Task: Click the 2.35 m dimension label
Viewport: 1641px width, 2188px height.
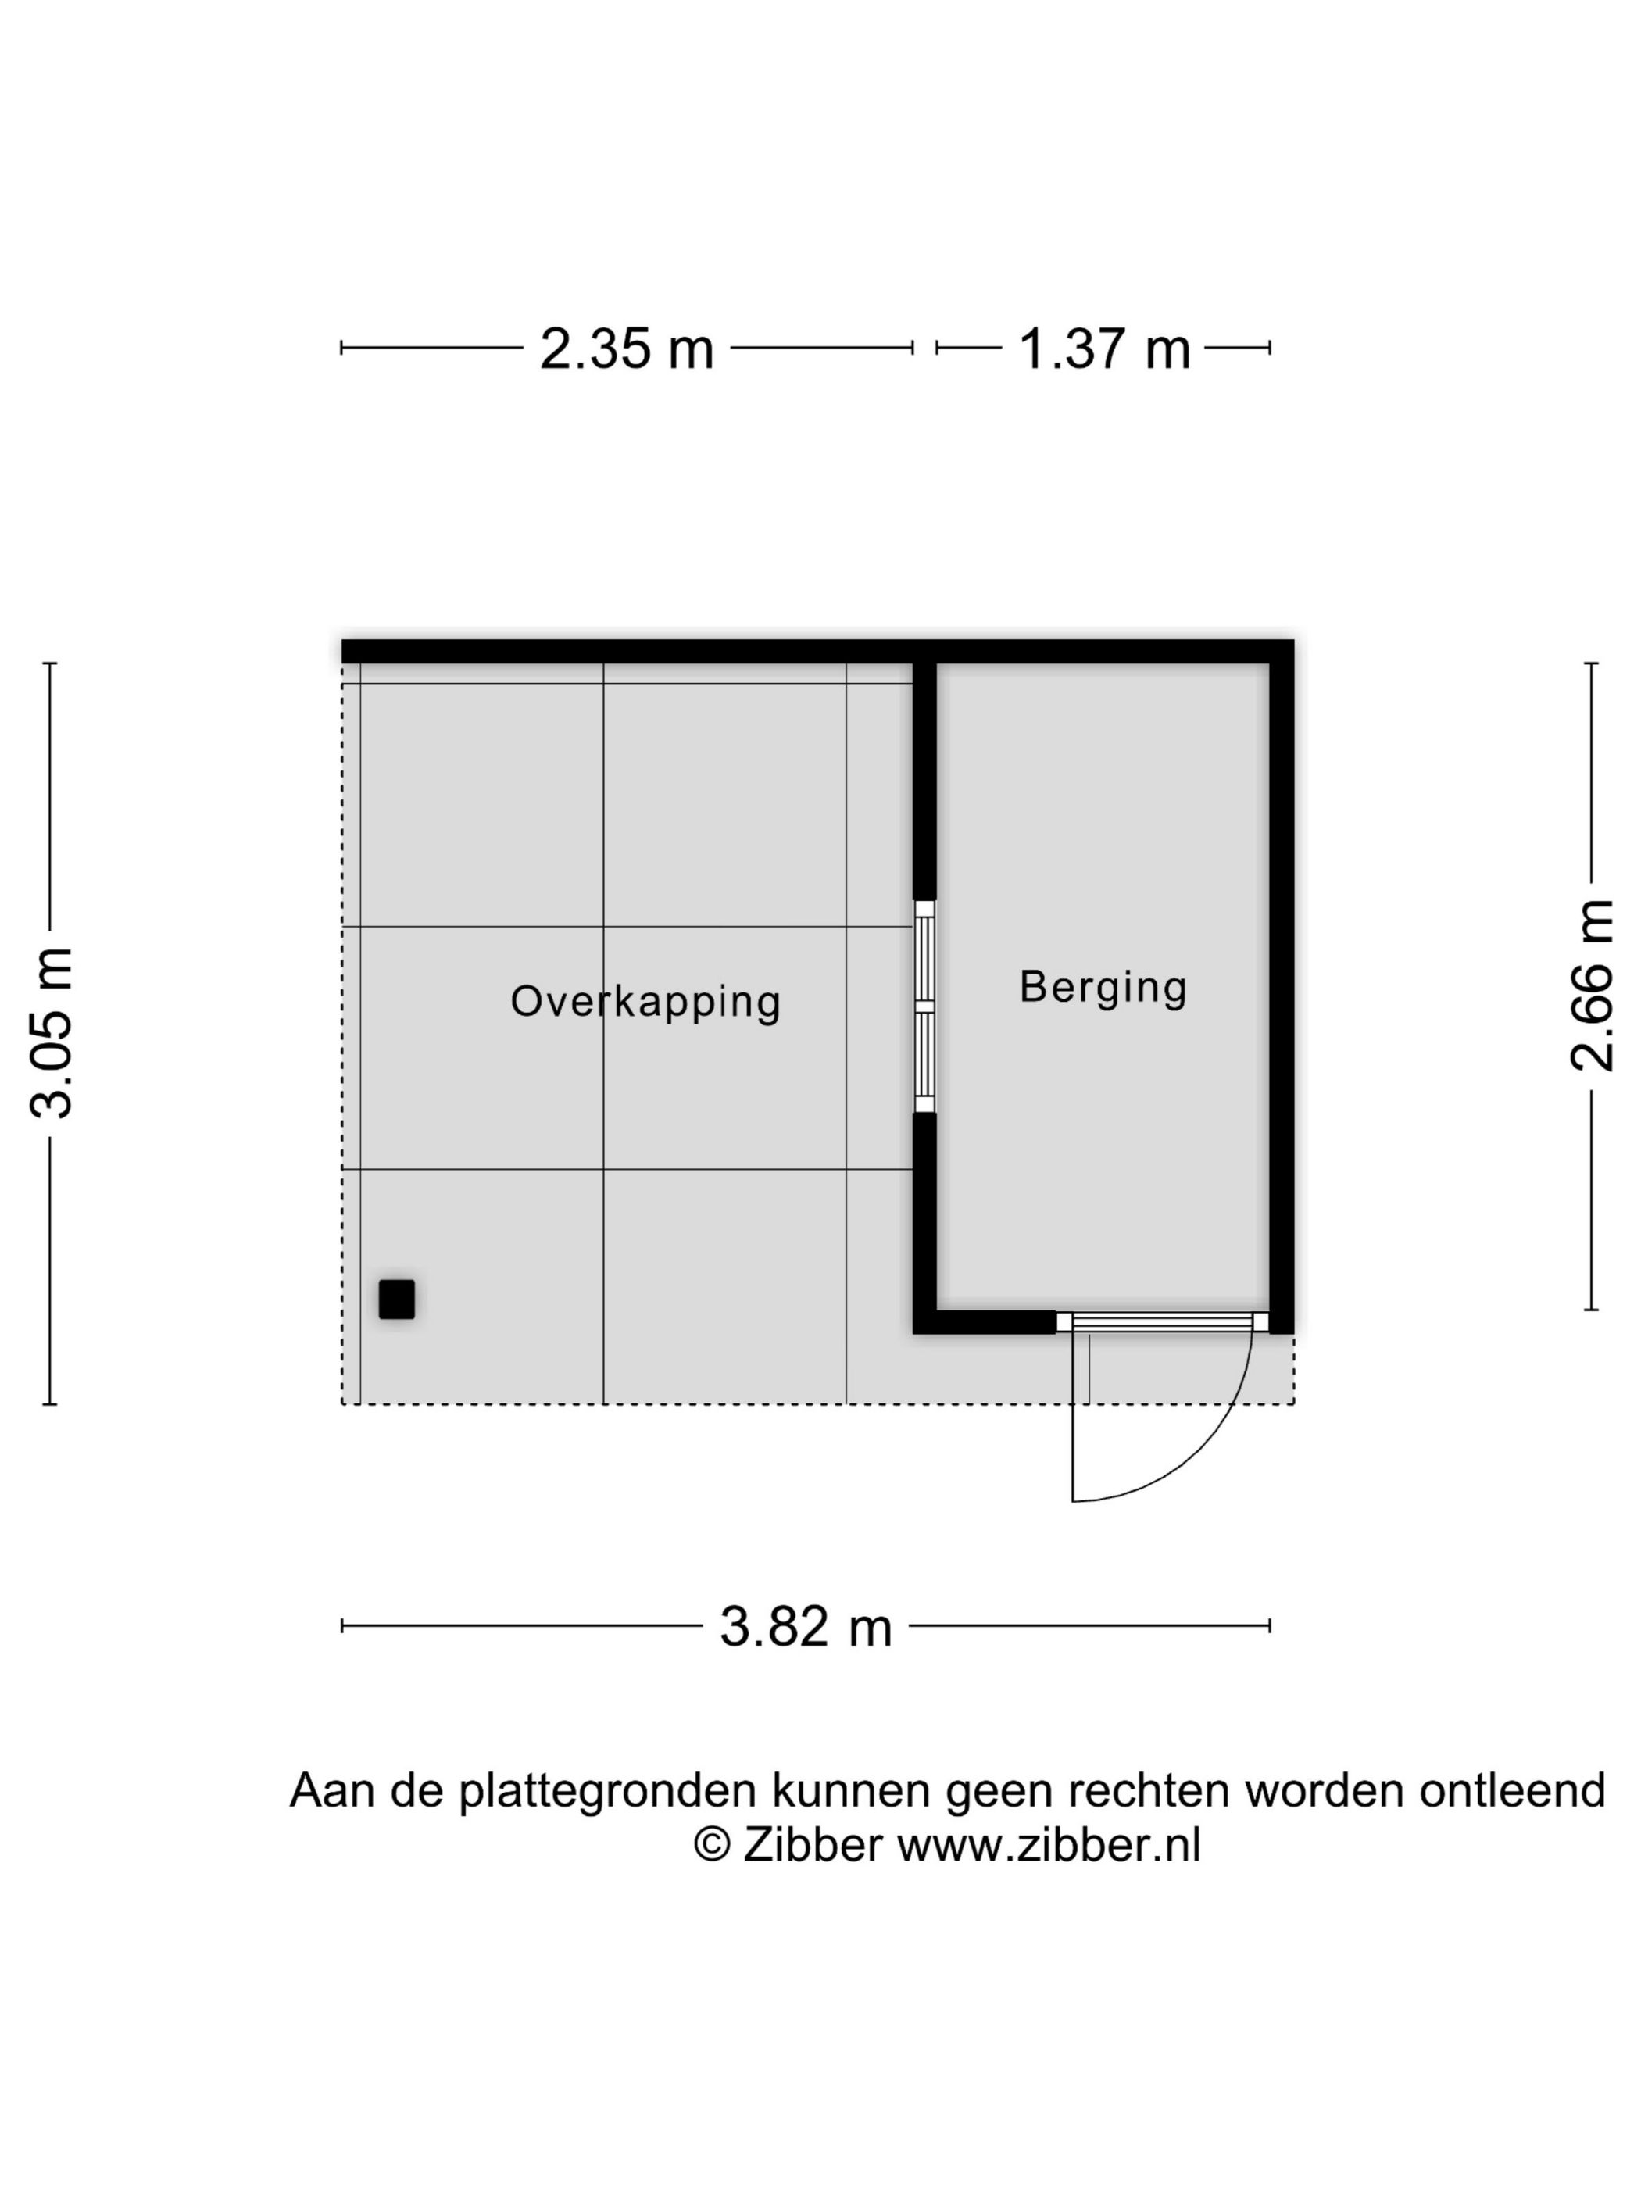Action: click(625, 349)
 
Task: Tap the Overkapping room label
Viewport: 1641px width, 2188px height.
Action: click(645, 1001)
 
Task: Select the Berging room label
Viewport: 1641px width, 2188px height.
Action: click(1103, 987)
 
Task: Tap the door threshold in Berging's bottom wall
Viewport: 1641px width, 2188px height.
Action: click(1161, 1321)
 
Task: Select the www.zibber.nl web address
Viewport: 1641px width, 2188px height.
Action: click(1049, 1845)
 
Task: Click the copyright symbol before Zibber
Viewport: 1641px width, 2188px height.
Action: click(711, 1845)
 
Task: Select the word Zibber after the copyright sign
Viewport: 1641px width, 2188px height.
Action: click(812, 1845)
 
